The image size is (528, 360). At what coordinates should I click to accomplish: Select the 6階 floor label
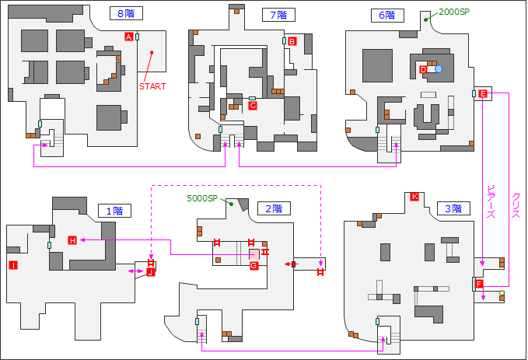387,15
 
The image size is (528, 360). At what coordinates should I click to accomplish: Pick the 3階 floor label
453,208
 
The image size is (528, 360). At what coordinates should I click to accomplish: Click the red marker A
128,37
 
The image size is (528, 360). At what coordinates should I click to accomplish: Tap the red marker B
292,41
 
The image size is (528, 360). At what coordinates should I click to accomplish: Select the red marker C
252,105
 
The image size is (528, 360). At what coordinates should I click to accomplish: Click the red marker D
423,70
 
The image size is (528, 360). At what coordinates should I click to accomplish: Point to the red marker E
483,94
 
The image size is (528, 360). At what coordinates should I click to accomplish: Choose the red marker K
414,197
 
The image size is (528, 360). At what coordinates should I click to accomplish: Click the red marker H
72,240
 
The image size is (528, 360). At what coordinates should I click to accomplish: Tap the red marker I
13,266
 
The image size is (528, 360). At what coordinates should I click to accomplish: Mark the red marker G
254,266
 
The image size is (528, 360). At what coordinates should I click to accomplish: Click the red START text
152,86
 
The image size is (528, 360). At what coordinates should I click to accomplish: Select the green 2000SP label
456,12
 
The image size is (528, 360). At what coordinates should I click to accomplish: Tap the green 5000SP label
203,198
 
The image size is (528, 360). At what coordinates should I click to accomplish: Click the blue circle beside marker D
439,70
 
